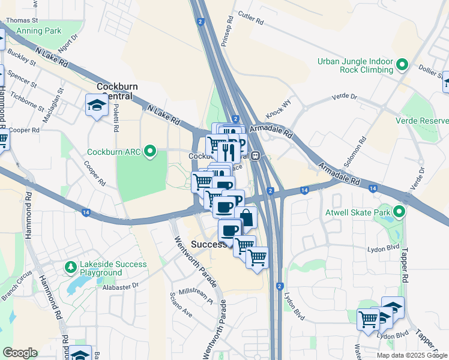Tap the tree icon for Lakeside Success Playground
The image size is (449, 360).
tap(70, 266)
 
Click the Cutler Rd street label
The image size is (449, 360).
tap(251, 17)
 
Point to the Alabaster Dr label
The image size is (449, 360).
tap(120, 286)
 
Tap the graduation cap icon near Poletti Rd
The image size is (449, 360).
tap(96, 106)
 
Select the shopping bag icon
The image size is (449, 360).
tap(246, 217)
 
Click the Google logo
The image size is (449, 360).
tap(20, 353)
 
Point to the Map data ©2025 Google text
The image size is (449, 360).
tap(411, 355)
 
